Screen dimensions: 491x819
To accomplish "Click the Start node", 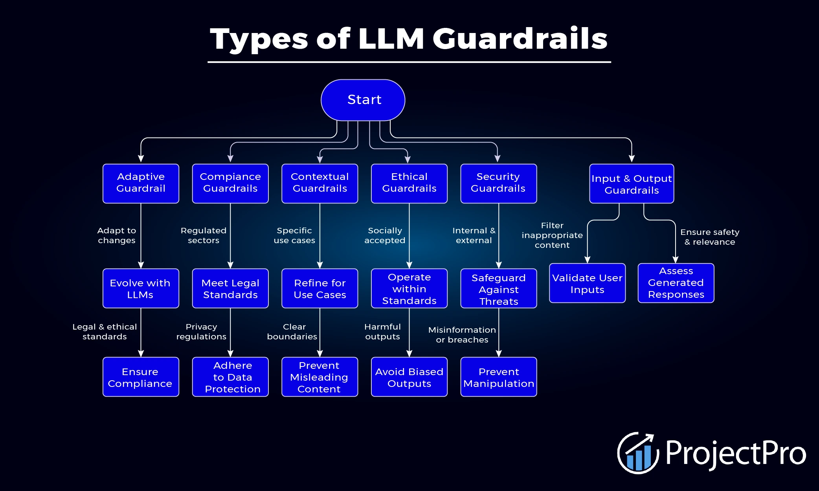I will click(363, 100).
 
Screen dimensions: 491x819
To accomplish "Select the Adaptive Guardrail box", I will click(141, 183).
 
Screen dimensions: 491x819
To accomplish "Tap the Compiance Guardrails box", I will click(230, 183).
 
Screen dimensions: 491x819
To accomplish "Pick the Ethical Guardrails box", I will click(409, 183).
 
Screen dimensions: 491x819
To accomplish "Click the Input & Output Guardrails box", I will click(632, 184).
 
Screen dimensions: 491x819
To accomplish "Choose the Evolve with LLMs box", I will click(141, 288).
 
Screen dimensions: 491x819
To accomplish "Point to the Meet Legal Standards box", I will click(230, 288).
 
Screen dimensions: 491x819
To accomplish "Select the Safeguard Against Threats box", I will click(499, 288).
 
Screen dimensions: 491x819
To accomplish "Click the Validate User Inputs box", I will click(587, 283).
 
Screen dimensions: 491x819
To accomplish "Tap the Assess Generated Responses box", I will click(676, 283).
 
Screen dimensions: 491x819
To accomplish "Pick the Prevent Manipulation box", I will click(499, 377).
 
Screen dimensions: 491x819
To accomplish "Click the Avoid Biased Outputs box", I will click(409, 377).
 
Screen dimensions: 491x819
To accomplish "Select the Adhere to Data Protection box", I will click(230, 377).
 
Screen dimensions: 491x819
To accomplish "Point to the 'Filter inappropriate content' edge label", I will click(552, 235).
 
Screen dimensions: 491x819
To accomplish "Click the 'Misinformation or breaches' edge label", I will click(462, 335).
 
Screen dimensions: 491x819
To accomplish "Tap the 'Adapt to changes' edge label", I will click(117, 235).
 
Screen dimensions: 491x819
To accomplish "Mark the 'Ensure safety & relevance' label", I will click(710, 237).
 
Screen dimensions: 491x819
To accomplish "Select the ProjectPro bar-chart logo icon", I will click(637, 453).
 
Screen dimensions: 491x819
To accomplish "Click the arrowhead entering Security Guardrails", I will click(498, 158).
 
